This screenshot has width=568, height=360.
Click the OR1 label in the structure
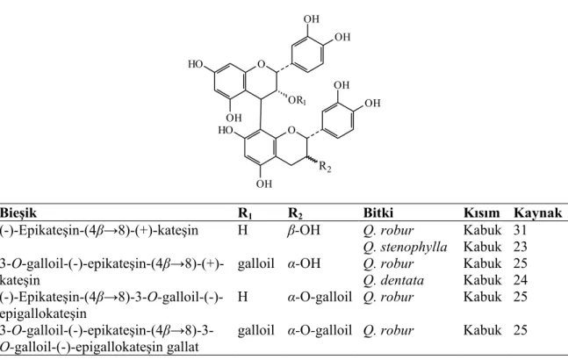click(x=297, y=100)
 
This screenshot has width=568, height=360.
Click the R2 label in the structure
click(x=325, y=167)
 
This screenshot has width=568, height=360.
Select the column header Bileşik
click(x=18, y=213)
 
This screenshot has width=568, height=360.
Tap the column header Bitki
click(x=378, y=212)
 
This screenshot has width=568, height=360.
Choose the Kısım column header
click(x=481, y=212)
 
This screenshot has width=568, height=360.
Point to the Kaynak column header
click(x=537, y=212)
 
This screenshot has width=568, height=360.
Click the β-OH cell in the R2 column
click(x=304, y=230)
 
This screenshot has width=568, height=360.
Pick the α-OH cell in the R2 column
click(x=304, y=263)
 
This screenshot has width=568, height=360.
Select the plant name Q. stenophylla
click(x=405, y=247)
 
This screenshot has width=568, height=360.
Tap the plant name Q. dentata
click(x=393, y=280)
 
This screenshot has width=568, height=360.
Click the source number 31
click(x=520, y=230)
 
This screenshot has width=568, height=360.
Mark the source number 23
click(x=521, y=247)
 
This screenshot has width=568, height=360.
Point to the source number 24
click(x=521, y=280)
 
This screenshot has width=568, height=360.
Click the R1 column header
click(x=245, y=213)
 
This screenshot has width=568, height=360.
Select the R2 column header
click(x=295, y=213)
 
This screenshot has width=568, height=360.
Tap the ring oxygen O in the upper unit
click(x=262, y=64)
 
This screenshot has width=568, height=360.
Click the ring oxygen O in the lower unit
click(x=291, y=130)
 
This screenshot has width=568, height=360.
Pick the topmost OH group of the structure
click(x=311, y=18)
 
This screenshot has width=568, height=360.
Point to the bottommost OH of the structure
click(x=264, y=184)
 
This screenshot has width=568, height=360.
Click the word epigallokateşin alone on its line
click(x=43, y=313)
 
